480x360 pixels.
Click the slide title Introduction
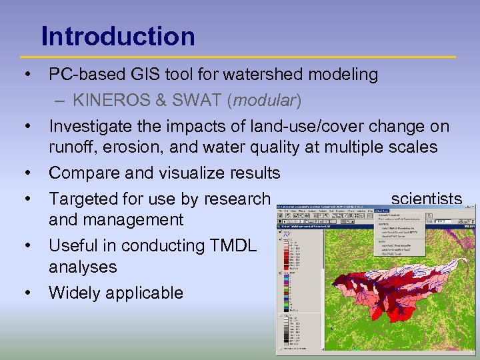[x=118, y=36]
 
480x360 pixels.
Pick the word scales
[x=413, y=147]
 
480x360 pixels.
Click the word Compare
[x=85, y=173]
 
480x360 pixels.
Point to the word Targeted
[x=83, y=199]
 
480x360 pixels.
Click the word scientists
[x=426, y=199]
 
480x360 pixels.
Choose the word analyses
[x=83, y=267]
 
